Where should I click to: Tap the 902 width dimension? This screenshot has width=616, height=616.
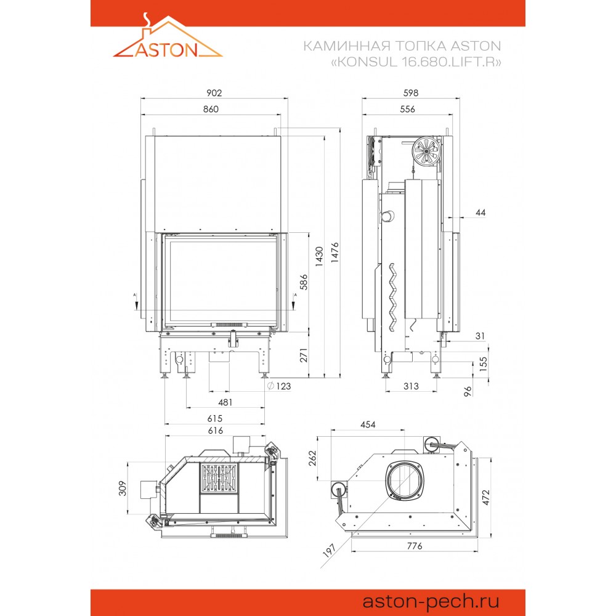click(x=214, y=93)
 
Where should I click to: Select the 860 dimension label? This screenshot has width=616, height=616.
click(x=211, y=109)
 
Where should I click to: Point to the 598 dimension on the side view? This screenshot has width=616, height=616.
click(x=410, y=93)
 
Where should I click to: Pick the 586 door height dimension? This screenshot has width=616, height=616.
click(x=304, y=282)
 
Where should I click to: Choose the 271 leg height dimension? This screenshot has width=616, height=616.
click(x=304, y=355)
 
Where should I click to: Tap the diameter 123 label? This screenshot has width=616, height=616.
click(x=279, y=386)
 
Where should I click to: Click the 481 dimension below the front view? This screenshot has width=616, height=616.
click(x=225, y=402)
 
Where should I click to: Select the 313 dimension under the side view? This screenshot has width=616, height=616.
click(x=411, y=386)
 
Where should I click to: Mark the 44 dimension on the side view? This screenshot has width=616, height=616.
click(x=480, y=213)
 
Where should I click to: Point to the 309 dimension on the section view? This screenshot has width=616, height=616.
click(x=123, y=488)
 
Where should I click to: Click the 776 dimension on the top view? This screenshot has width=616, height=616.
click(x=415, y=546)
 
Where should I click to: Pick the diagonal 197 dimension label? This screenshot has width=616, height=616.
click(x=329, y=550)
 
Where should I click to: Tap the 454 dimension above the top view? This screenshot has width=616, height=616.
click(x=368, y=424)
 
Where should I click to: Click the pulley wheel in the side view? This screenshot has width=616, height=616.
click(x=426, y=151)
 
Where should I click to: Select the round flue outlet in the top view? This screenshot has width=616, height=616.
click(x=405, y=480)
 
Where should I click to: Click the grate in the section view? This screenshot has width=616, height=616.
click(x=220, y=478)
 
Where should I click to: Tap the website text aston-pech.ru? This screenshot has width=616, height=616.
click(x=431, y=601)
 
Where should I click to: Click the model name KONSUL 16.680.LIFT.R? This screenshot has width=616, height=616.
click(x=416, y=62)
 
